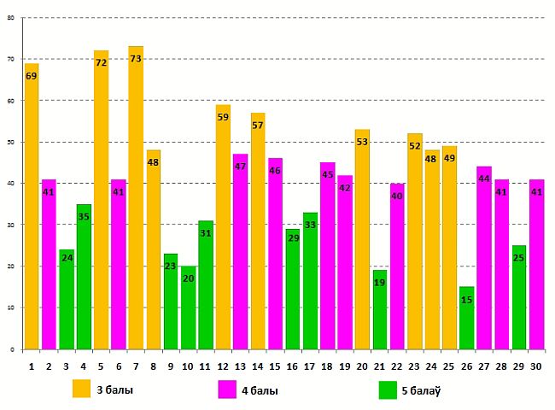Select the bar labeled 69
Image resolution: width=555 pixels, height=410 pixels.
[32, 206]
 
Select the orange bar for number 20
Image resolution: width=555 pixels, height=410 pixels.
[362, 239]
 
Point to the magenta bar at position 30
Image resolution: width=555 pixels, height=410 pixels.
[536, 264]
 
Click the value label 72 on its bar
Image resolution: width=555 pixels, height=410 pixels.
[101, 63]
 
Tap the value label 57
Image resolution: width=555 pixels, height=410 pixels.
[258, 126]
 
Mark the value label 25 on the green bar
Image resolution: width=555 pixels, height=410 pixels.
[518, 257]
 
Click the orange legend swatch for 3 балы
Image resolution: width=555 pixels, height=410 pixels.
[82, 389]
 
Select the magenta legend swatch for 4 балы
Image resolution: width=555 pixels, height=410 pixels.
[228, 389]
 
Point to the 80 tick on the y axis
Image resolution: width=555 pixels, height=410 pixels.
[10, 17]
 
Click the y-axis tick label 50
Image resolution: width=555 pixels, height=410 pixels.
[10, 142]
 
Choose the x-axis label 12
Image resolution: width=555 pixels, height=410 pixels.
[223, 366]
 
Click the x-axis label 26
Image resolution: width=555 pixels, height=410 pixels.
[466, 366]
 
